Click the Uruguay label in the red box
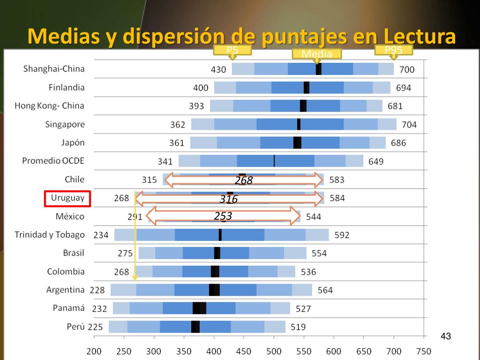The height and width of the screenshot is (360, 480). click(x=67, y=198)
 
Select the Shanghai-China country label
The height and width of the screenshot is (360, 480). click(x=54, y=69)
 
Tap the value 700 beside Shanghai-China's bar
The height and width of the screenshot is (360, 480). click(x=407, y=70)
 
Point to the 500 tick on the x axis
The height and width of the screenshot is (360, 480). click(x=274, y=352)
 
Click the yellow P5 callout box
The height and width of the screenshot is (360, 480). click(x=232, y=50)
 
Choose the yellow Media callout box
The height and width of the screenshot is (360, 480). click(x=317, y=54)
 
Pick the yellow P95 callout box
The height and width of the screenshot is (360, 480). click(x=394, y=50)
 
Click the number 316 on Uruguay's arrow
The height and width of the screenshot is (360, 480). click(x=229, y=199)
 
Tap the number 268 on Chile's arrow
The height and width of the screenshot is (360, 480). click(x=244, y=180)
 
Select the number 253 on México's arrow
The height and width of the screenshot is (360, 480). click(x=223, y=216)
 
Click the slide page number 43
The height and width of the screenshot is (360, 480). click(x=446, y=337)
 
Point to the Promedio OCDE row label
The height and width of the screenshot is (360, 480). click(x=53, y=161)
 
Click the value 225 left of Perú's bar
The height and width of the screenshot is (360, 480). click(x=96, y=327)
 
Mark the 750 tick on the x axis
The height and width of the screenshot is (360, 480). click(x=424, y=352)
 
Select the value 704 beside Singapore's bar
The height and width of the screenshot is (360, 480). click(x=409, y=125)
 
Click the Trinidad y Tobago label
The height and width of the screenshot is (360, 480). click(x=50, y=234)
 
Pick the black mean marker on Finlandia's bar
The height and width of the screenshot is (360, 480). click(x=307, y=88)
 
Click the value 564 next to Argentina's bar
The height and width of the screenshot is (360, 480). click(x=325, y=290)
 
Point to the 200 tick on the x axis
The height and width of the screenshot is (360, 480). click(x=94, y=352)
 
